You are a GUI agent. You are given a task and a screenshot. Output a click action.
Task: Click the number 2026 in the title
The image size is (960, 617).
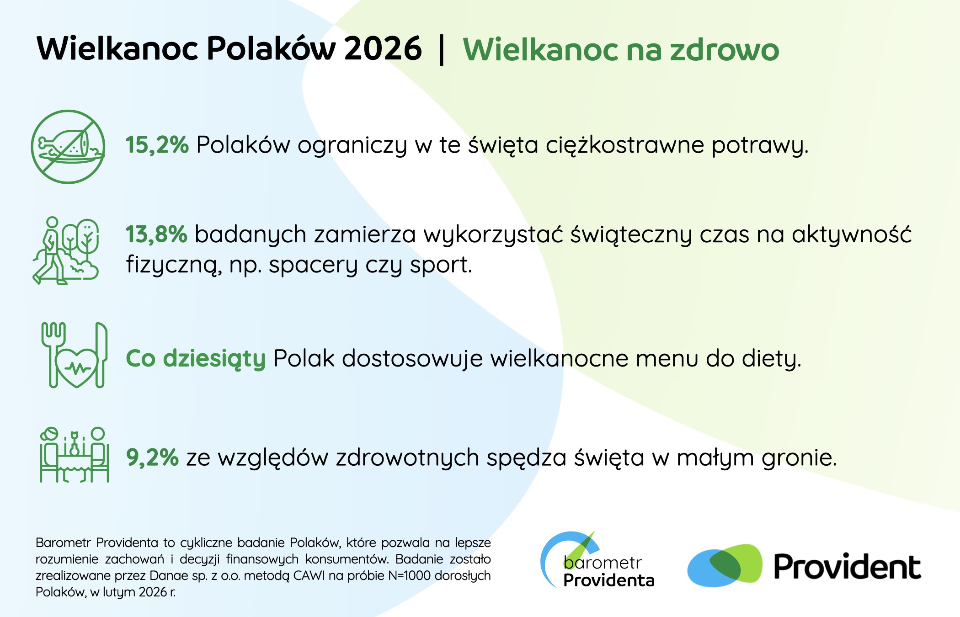click(383, 48)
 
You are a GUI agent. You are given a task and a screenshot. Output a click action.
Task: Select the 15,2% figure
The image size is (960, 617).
click(157, 145)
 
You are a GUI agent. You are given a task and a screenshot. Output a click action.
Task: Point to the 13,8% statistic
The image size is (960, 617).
click(156, 234)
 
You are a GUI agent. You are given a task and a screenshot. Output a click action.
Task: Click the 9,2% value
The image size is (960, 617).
click(152, 457)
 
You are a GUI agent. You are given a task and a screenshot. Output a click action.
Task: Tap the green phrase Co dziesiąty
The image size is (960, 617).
click(196, 359)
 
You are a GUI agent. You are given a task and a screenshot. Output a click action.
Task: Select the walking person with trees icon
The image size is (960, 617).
click(66, 251)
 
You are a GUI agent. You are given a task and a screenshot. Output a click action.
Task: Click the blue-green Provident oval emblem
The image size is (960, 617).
click(725, 566)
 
